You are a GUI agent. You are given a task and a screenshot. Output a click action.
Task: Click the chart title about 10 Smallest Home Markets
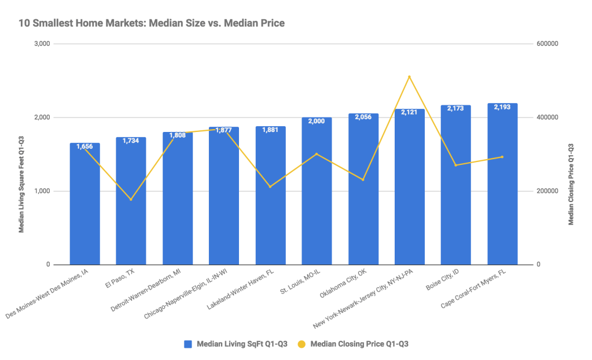tap(152, 23)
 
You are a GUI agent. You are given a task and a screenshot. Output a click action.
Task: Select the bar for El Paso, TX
tap(131, 203)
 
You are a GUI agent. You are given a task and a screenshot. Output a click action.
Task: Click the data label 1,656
tap(84, 146)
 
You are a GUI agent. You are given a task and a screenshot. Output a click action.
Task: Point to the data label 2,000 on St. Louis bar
tap(317, 121)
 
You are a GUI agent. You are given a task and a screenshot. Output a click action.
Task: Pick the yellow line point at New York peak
tap(409, 76)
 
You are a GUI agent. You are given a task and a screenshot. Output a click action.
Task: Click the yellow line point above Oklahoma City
tap(363, 179)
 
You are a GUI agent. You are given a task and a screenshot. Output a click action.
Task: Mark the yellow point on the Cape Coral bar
tap(502, 157)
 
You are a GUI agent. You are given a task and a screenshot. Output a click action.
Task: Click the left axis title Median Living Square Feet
tap(21, 184)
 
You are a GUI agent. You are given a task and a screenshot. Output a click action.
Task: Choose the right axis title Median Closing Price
tap(571, 183)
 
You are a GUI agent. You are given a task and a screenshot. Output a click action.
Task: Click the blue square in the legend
tap(187, 344)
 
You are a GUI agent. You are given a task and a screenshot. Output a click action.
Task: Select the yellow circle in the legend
tap(302, 344)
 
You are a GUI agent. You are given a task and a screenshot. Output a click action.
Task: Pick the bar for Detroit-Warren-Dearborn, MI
tap(177, 200)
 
